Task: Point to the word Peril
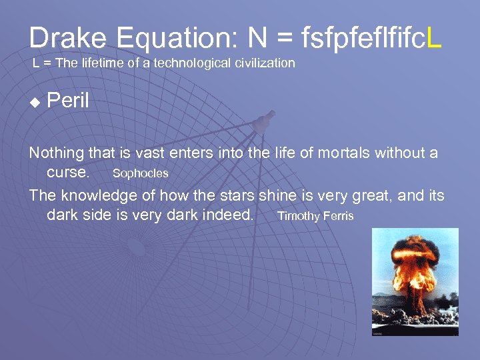click(x=68, y=102)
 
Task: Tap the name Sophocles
click(x=140, y=173)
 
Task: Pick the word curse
click(x=67, y=172)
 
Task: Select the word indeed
click(x=229, y=215)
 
